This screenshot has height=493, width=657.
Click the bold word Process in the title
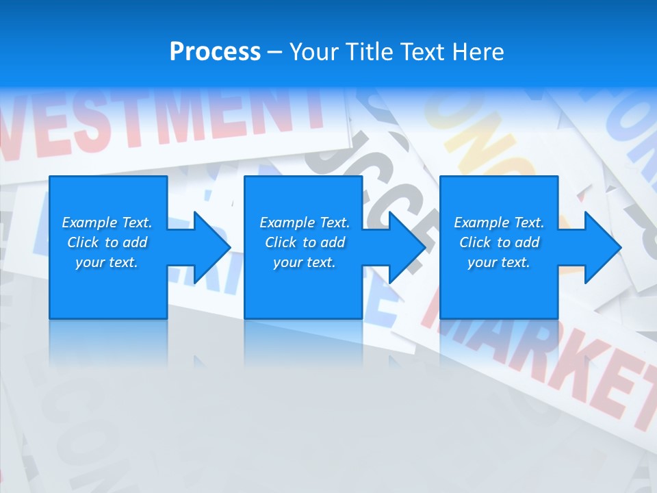[215, 52]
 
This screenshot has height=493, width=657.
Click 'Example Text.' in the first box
[107, 223]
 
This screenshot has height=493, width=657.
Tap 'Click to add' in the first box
[107, 242]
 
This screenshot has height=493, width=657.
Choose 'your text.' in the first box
[107, 262]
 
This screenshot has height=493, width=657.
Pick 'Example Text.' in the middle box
[305, 223]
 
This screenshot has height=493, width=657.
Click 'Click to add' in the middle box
[305, 242]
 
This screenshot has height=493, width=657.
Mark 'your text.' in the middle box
[305, 262]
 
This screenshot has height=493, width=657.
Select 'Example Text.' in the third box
[499, 223]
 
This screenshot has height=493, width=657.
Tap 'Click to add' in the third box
[499, 242]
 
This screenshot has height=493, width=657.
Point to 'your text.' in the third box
[499, 262]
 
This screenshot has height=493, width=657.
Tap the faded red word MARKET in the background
[541, 356]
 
